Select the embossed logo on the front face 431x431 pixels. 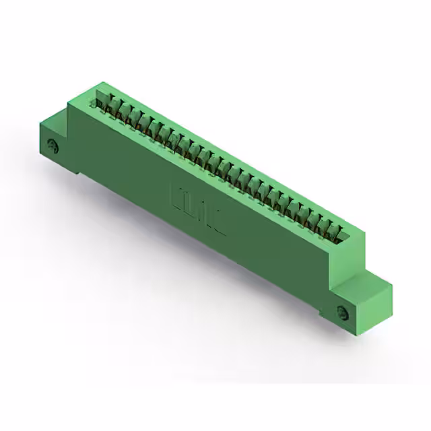point(197,208)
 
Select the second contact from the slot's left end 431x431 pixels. point(115,108)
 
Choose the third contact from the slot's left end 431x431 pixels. point(125,113)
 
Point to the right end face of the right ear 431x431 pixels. point(380,303)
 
